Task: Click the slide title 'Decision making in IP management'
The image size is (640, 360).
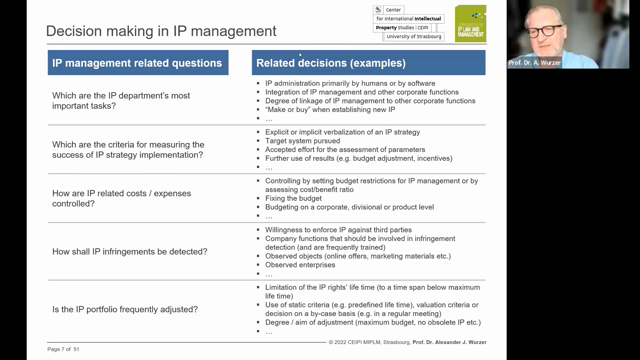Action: click(147, 31)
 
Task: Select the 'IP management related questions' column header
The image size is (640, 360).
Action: click(136, 63)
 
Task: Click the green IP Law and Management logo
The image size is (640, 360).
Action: click(471, 23)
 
